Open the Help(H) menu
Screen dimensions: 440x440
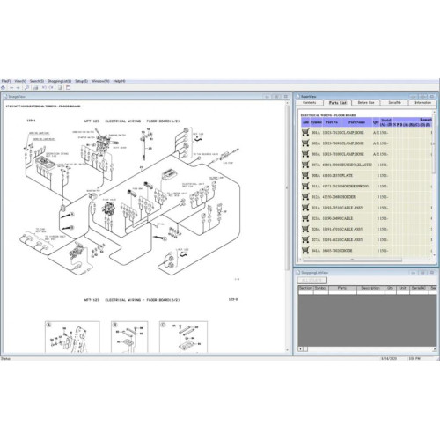[120, 80]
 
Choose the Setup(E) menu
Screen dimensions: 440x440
[84, 80]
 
